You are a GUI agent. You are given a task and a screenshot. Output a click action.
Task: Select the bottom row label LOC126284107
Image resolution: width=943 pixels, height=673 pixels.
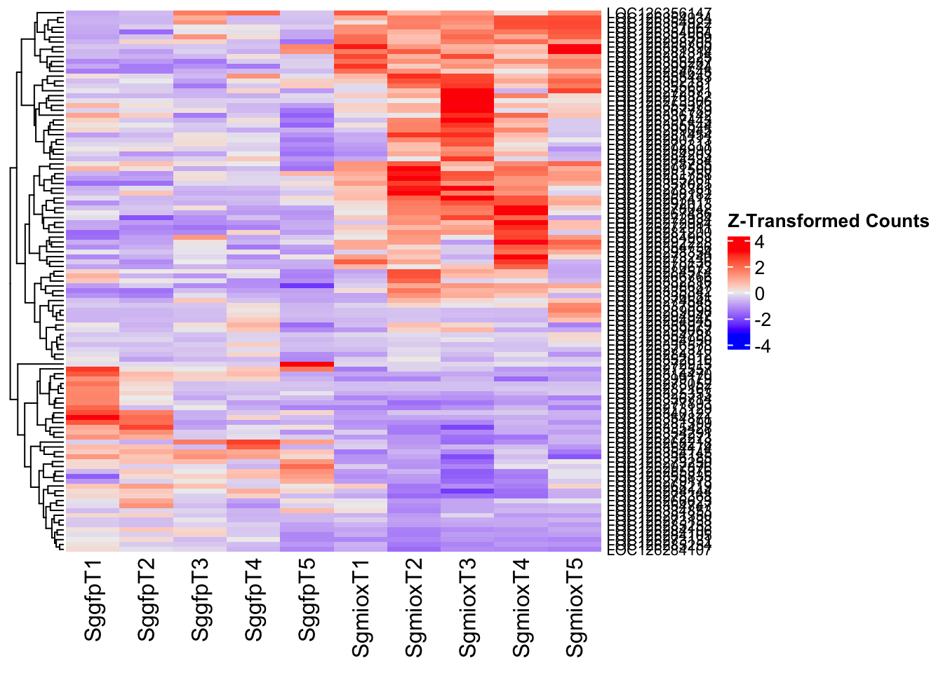(x=659, y=551)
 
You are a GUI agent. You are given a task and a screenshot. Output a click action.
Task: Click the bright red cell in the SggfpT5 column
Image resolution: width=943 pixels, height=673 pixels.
(x=307, y=364)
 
